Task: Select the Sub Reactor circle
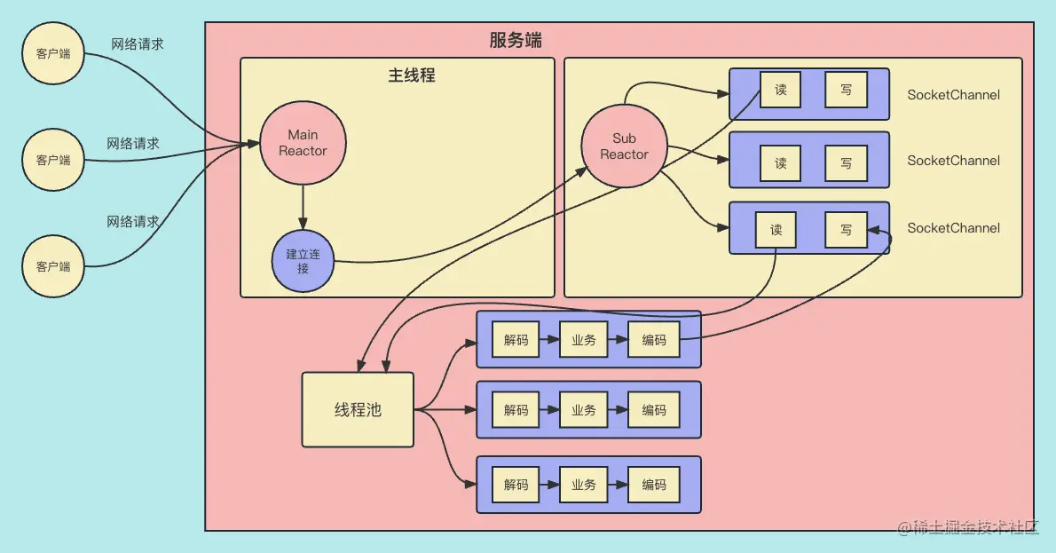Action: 624,146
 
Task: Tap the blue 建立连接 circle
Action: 303,260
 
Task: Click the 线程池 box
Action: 358,409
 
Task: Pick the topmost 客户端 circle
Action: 52,54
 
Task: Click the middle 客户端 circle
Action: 52,160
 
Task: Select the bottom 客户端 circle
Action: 52,265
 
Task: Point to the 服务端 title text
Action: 515,40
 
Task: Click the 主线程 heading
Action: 411,75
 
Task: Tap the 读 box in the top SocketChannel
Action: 780,91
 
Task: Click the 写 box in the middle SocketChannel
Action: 846,163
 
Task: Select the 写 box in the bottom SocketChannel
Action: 846,230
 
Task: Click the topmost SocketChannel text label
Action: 953,95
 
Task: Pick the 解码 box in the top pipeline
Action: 516,340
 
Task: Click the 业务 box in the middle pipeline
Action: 583,410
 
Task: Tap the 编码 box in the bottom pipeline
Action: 654,485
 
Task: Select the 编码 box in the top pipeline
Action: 654,340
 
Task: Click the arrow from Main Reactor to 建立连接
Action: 303,207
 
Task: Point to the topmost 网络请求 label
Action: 137,43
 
